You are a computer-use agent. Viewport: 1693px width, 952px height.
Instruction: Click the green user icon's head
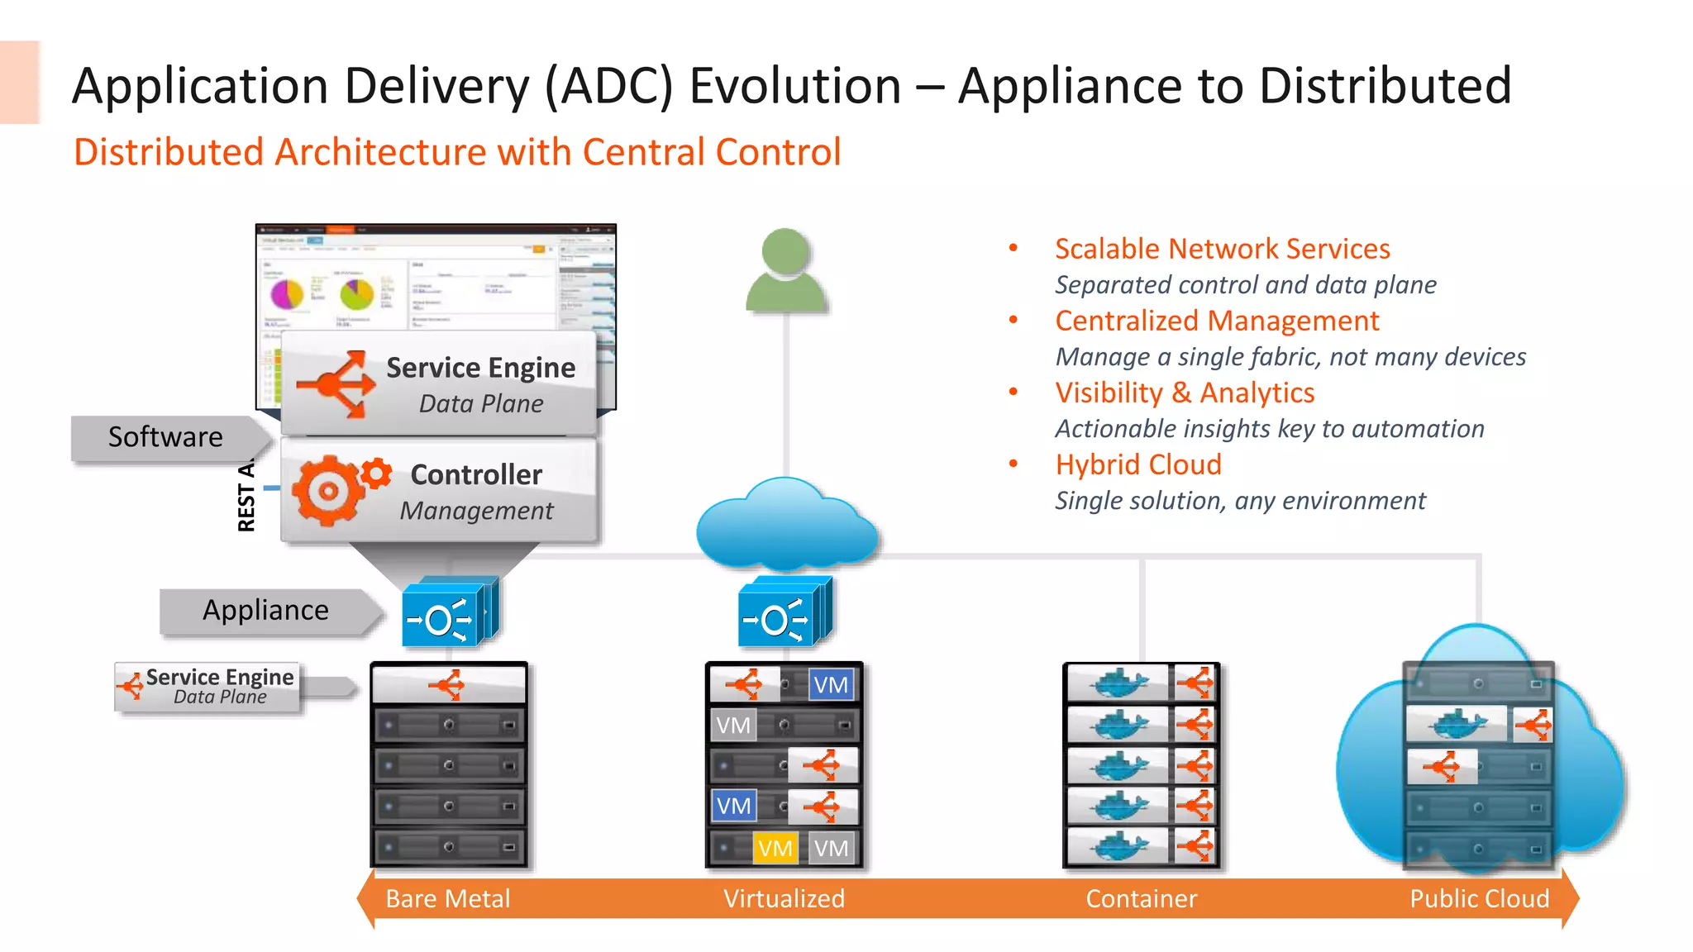coord(785,252)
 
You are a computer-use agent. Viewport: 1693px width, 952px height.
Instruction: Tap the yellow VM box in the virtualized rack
coord(775,848)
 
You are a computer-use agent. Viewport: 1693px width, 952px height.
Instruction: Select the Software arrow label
coord(165,437)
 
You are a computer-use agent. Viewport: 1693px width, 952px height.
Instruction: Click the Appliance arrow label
coord(265,611)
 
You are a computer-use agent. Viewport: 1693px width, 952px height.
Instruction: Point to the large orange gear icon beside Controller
coord(327,491)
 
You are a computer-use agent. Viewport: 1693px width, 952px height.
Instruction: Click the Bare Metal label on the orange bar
coord(447,898)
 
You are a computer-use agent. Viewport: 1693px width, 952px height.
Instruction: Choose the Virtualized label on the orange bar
coord(784,898)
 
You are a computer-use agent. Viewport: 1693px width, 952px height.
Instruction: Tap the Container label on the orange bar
coord(1141,898)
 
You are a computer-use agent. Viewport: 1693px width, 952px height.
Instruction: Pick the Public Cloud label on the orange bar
coord(1479,898)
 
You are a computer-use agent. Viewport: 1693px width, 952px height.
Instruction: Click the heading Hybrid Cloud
coord(1137,464)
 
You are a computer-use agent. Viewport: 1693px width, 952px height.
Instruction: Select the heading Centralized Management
coord(1217,321)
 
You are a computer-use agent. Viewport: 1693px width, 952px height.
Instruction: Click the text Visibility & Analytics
coord(1184,393)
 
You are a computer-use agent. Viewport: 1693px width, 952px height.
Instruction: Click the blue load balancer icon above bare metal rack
coord(447,615)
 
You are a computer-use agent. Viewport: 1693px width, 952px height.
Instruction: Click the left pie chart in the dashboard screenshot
coord(287,293)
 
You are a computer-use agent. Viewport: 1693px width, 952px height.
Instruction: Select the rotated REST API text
coord(246,496)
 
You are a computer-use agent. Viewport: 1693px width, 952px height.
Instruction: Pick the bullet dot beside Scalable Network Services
coord(1013,248)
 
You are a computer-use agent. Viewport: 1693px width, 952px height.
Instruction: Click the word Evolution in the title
coord(795,86)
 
